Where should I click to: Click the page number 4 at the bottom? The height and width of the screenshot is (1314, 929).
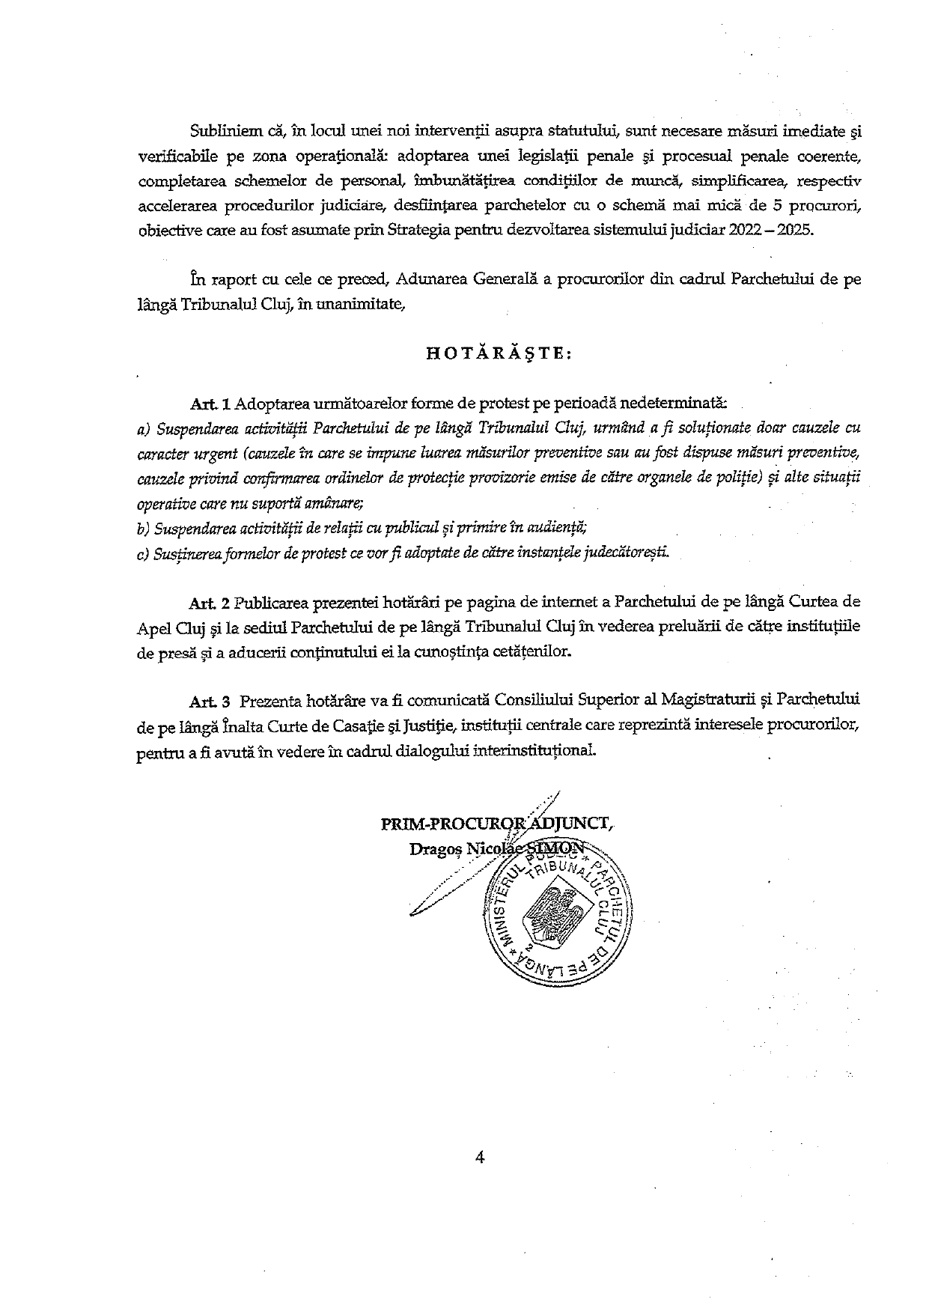[480, 1157]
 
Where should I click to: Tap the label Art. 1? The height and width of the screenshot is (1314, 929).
[211, 404]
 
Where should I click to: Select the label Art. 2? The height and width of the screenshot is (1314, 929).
[211, 602]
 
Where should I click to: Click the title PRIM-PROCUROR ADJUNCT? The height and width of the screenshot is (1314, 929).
[497, 824]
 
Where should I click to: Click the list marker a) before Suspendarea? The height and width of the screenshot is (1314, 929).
[144, 429]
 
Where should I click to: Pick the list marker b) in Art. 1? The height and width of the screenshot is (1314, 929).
[143, 529]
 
